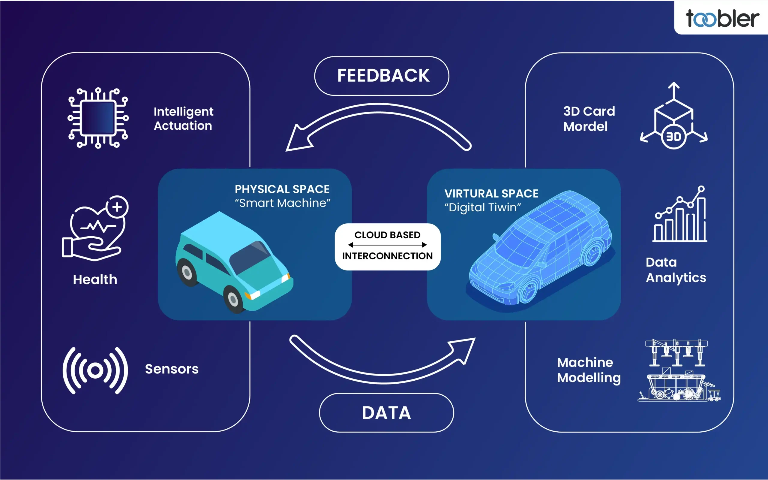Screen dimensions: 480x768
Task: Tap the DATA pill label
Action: pyautogui.click(x=386, y=413)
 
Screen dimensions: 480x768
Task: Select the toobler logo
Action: pyautogui.click(x=722, y=18)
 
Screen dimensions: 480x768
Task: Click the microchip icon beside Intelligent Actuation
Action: pyautogui.click(x=98, y=118)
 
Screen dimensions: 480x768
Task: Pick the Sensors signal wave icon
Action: pyautogui.click(x=95, y=370)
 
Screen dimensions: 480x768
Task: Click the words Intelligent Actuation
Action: pyautogui.click(x=183, y=118)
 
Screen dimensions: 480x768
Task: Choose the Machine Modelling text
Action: pyautogui.click(x=589, y=370)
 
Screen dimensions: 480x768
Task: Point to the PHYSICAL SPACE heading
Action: pyautogui.click(x=282, y=189)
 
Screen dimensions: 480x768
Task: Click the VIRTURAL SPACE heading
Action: pyautogui.click(x=491, y=194)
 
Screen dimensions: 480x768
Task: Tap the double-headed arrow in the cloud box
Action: pyautogui.click(x=387, y=245)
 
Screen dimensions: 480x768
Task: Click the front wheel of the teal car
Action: pyautogui.click(x=233, y=299)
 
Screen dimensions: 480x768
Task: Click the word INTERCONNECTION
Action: pyautogui.click(x=387, y=256)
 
